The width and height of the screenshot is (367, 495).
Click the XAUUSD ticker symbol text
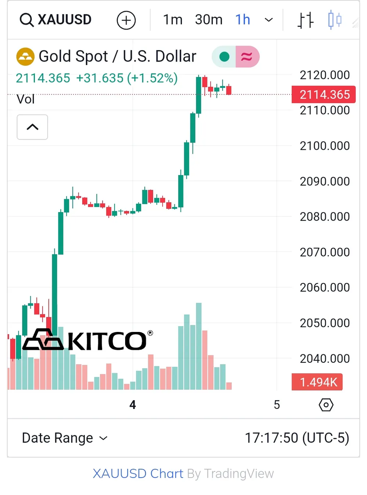[65, 20]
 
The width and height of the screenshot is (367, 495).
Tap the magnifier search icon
[26, 20]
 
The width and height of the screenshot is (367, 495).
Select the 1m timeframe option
[172, 20]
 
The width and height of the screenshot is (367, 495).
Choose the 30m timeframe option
[208, 20]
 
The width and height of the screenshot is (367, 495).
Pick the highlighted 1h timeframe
[243, 20]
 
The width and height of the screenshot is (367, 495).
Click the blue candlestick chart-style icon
[334, 20]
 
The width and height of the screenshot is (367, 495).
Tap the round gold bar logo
[25, 57]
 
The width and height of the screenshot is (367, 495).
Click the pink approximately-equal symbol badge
[247, 57]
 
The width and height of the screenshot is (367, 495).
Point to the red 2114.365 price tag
[324, 95]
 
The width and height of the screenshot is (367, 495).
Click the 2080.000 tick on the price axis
[324, 217]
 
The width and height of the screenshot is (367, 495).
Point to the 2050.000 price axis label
[324, 323]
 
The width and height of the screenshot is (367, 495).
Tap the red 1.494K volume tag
[317, 382]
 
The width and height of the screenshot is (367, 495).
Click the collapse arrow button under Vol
[32, 127]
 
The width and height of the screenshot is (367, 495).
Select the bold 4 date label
[132, 405]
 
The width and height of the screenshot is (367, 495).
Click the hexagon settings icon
[326, 405]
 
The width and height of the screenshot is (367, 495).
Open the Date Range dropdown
[65, 438]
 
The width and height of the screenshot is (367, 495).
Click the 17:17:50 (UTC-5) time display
[297, 438]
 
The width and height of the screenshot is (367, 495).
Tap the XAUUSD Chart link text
[138, 473]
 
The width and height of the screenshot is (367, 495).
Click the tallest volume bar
[199, 346]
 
